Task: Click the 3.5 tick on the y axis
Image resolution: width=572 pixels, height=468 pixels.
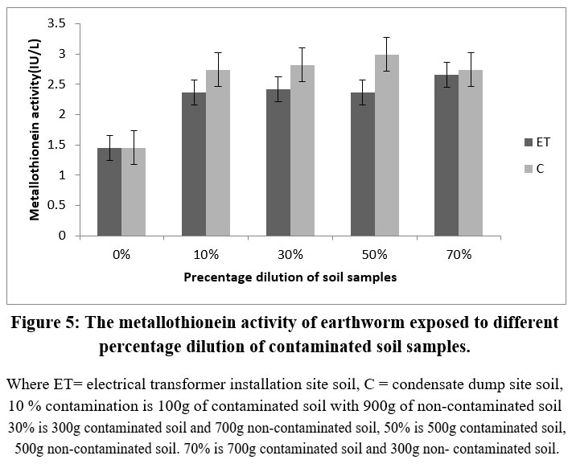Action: pos(56,23)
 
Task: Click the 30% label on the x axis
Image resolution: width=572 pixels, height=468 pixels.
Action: pos(290,254)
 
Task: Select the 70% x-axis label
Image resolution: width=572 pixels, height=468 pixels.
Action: pos(459,254)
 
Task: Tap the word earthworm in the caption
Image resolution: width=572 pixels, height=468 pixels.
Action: pos(344,323)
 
